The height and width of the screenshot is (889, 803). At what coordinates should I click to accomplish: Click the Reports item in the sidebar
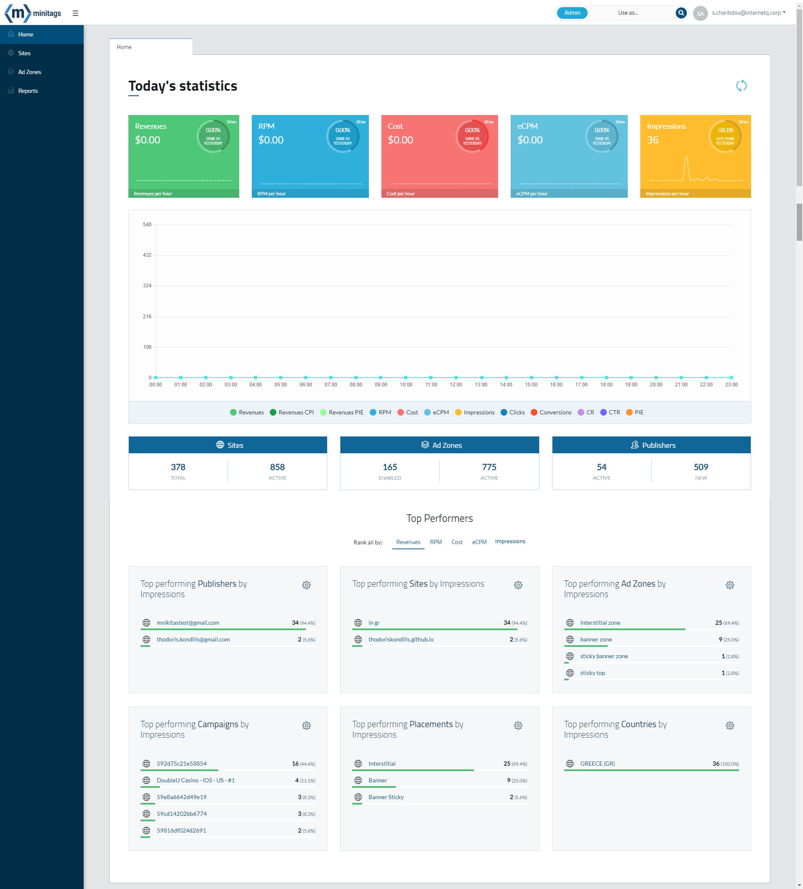pyautogui.click(x=27, y=91)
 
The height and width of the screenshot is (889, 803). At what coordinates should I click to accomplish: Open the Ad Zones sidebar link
pyautogui.click(x=29, y=72)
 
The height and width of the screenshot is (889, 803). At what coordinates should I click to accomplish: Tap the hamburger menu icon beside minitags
pyautogui.click(x=75, y=13)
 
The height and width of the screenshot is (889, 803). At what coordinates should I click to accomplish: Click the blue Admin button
pyautogui.click(x=572, y=13)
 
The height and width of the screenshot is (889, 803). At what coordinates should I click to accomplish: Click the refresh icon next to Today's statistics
pyautogui.click(x=741, y=86)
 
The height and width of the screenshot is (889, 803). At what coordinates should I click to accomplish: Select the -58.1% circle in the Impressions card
pyautogui.click(x=724, y=136)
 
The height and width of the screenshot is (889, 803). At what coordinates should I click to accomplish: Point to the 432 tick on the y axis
pyautogui.click(x=147, y=255)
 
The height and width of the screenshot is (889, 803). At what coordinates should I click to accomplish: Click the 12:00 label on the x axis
pyautogui.click(x=455, y=385)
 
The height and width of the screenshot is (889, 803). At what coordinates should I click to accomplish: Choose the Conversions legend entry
pyautogui.click(x=555, y=412)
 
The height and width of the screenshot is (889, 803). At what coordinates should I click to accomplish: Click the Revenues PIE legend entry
pyautogui.click(x=346, y=412)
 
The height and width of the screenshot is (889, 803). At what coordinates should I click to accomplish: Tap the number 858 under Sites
pyautogui.click(x=277, y=467)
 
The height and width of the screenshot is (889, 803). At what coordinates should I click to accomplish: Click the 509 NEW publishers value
pyautogui.click(x=700, y=467)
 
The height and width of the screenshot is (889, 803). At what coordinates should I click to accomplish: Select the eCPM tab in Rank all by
pyautogui.click(x=479, y=542)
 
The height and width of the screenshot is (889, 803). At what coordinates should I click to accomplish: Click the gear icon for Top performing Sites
pyautogui.click(x=518, y=585)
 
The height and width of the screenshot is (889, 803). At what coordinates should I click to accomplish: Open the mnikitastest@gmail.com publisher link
pyautogui.click(x=188, y=623)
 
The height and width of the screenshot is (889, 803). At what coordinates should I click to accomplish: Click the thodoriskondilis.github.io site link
pyautogui.click(x=400, y=639)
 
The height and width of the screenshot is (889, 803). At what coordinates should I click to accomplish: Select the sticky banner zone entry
pyautogui.click(x=604, y=656)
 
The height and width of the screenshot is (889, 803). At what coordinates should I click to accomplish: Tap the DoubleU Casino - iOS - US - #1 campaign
pyautogui.click(x=195, y=780)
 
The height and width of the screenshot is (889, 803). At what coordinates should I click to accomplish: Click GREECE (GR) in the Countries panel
pyautogui.click(x=597, y=763)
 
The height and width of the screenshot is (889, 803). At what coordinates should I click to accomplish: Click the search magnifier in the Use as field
pyautogui.click(x=680, y=13)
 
